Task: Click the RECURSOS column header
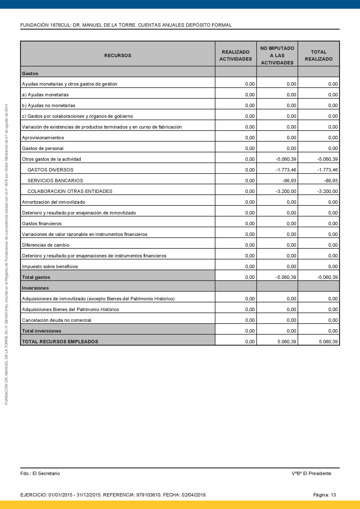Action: tap(118, 55)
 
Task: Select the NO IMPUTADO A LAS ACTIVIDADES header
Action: tap(277, 55)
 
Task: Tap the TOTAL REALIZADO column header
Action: tap(318, 55)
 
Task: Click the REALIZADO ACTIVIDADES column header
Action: tap(235, 55)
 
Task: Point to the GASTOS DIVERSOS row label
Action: tap(50, 170)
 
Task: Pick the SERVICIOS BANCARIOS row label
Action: tap(55, 181)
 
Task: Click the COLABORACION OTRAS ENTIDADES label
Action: tap(70, 191)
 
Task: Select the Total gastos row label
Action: tap(36, 277)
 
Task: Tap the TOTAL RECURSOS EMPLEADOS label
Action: tap(60, 342)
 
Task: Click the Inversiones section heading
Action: tap(35, 288)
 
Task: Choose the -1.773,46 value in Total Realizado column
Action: tap(327, 170)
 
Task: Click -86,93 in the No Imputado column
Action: tap(289, 181)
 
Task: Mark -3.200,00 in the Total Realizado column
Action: tap(327, 191)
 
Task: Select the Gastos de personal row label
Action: tap(42, 148)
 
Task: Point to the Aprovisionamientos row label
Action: tap(43, 138)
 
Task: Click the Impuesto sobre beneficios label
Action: tap(50, 266)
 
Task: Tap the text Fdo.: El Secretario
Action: tap(40, 473)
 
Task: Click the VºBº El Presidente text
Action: tap(311, 473)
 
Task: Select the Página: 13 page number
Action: tap(324, 495)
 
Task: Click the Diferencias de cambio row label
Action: tap(46, 245)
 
